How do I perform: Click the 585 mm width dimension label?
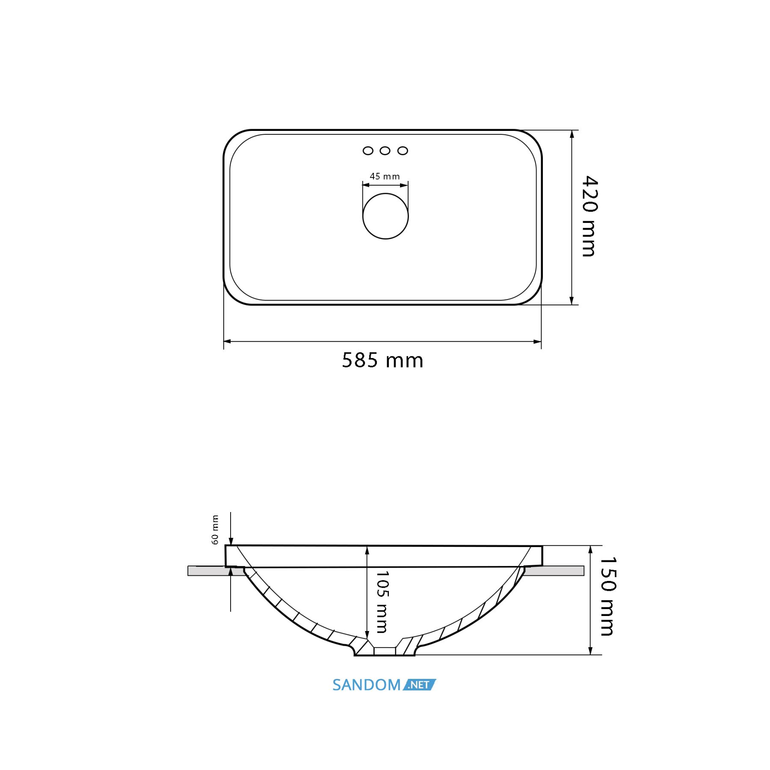[x=382, y=360]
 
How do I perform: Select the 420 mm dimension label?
[x=589, y=216]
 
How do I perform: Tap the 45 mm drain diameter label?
[x=385, y=176]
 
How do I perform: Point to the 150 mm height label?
[x=608, y=596]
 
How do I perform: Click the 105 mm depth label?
[x=382, y=602]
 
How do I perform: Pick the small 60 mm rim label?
[x=215, y=530]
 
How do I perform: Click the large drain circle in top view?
[x=385, y=216]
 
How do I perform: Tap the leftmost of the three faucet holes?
[x=368, y=151]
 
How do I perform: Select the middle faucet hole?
[x=385, y=151]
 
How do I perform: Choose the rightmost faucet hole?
[x=403, y=151]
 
